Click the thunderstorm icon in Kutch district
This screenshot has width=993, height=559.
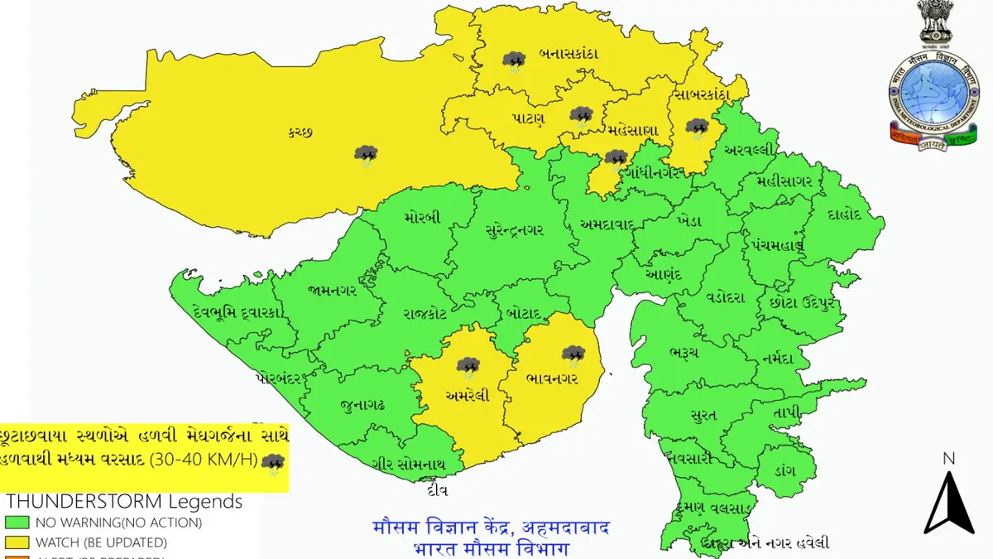[366, 155]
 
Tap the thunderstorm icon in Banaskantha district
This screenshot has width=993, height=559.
[514, 61]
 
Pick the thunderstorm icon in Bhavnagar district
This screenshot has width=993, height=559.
[573, 355]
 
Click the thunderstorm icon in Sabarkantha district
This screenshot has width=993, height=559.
[698, 128]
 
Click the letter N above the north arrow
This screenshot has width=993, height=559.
[948, 459]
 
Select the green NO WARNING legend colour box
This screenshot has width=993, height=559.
[17, 523]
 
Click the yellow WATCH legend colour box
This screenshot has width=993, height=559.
[17, 542]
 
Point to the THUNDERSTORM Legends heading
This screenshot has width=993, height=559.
[124, 502]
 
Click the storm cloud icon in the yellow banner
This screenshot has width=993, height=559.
[272, 464]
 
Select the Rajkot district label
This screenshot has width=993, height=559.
[425, 313]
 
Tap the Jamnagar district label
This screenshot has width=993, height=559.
[331, 291]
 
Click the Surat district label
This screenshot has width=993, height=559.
[703, 415]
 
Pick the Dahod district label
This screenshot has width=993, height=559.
[844, 214]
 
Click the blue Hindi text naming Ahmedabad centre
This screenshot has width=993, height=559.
[492, 528]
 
